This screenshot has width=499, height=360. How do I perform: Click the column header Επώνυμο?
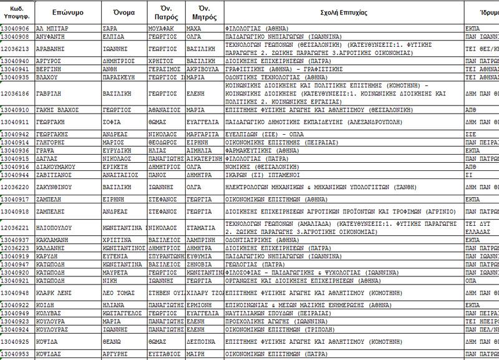(68, 12)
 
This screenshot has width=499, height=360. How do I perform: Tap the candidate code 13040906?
(16, 29)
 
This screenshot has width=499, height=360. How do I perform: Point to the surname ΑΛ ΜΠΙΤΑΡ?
(52, 29)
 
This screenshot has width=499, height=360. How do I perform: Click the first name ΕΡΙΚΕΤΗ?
(117, 167)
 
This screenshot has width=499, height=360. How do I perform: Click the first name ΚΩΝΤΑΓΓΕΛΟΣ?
(124, 313)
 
